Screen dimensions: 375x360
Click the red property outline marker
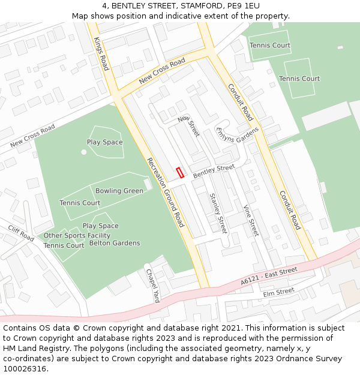pyautogui.click(x=180, y=173)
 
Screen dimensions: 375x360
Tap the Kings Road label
pyautogui.click(x=101, y=53)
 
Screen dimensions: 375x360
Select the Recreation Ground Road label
pyautogui.click(x=165, y=193)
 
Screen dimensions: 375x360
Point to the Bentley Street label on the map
pyautogui.click(x=214, y=170)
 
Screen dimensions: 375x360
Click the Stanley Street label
pyautogui.click(x=218, y=213)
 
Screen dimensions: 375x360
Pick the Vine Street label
pyautogui.click(x=250, y=220)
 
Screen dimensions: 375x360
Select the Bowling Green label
pyautogui.click(x=119, y=191)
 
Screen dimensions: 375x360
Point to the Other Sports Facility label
pyautogui.click(x=77, y=235)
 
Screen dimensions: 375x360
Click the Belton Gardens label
pyautogui.click(x=115, y=243)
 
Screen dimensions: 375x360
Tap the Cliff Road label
pyautogui.click(x=21, y=233)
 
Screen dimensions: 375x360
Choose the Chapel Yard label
pyautogui.click(x=153, y=285)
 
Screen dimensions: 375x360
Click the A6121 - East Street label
pyautogui.click(x=268, y=277)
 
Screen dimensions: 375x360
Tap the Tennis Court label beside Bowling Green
pyautogui.click(x=80, y=203)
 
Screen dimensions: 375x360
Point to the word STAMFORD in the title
pyautogui.click(x=185, y=5)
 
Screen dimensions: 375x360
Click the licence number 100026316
pyautogui.click(x=25, y=368)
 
